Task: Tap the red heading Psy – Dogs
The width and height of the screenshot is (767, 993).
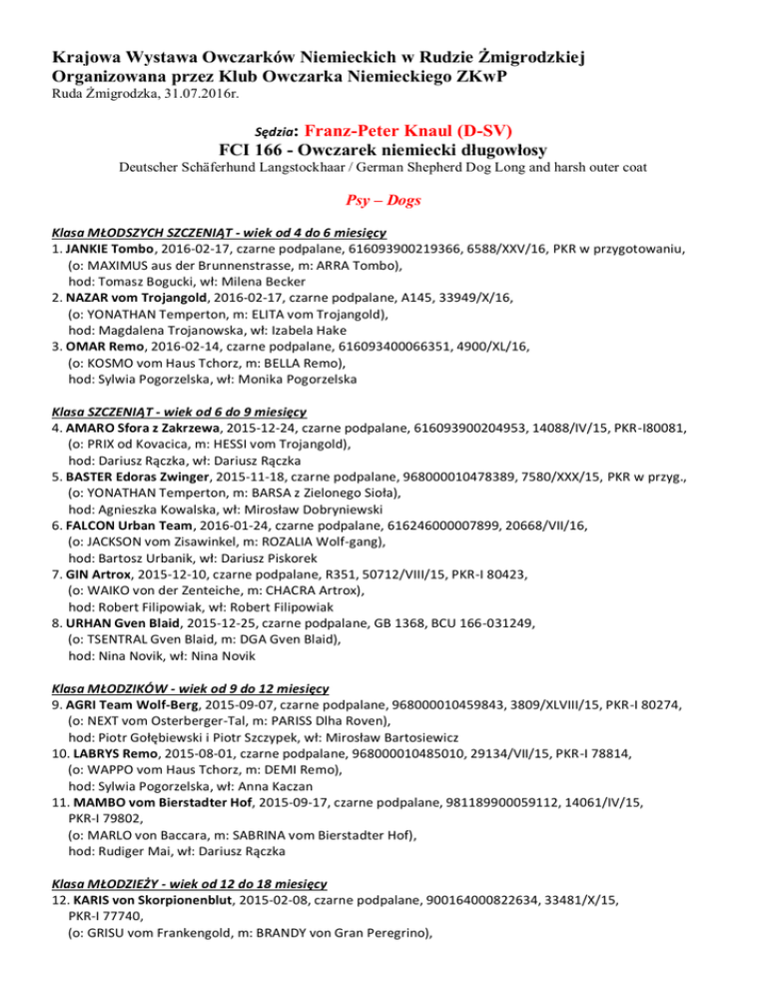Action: [383, 201]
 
